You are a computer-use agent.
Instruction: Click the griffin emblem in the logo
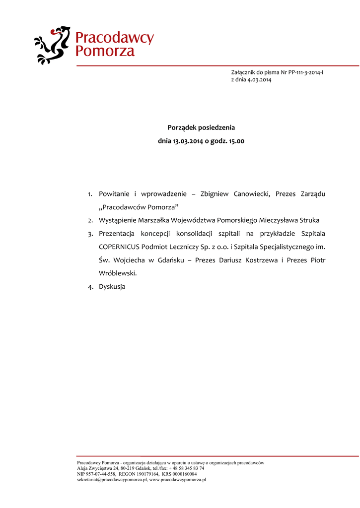click(52, 45)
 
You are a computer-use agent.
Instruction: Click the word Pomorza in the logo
click(105, 51)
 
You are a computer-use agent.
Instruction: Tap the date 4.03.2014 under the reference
click(260, 80)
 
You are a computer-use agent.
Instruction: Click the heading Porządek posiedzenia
click(201, 127)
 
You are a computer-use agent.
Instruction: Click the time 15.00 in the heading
click(236, 141)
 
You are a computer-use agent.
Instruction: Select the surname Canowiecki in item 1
click(251, 193)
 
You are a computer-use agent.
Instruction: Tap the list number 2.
click(91, 220)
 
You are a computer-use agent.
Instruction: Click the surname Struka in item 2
click(308, 220)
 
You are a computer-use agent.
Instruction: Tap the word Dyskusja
click(112, 287)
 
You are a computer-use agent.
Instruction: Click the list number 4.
click(91, 287)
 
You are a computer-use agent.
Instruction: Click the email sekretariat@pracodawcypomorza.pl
click(112, 480)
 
